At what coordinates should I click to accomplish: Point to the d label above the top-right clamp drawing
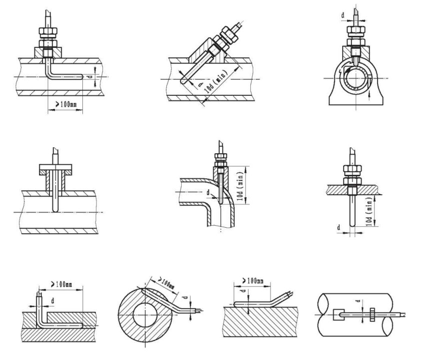click(344, 15)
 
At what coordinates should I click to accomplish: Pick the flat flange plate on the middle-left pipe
click(54, 168)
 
